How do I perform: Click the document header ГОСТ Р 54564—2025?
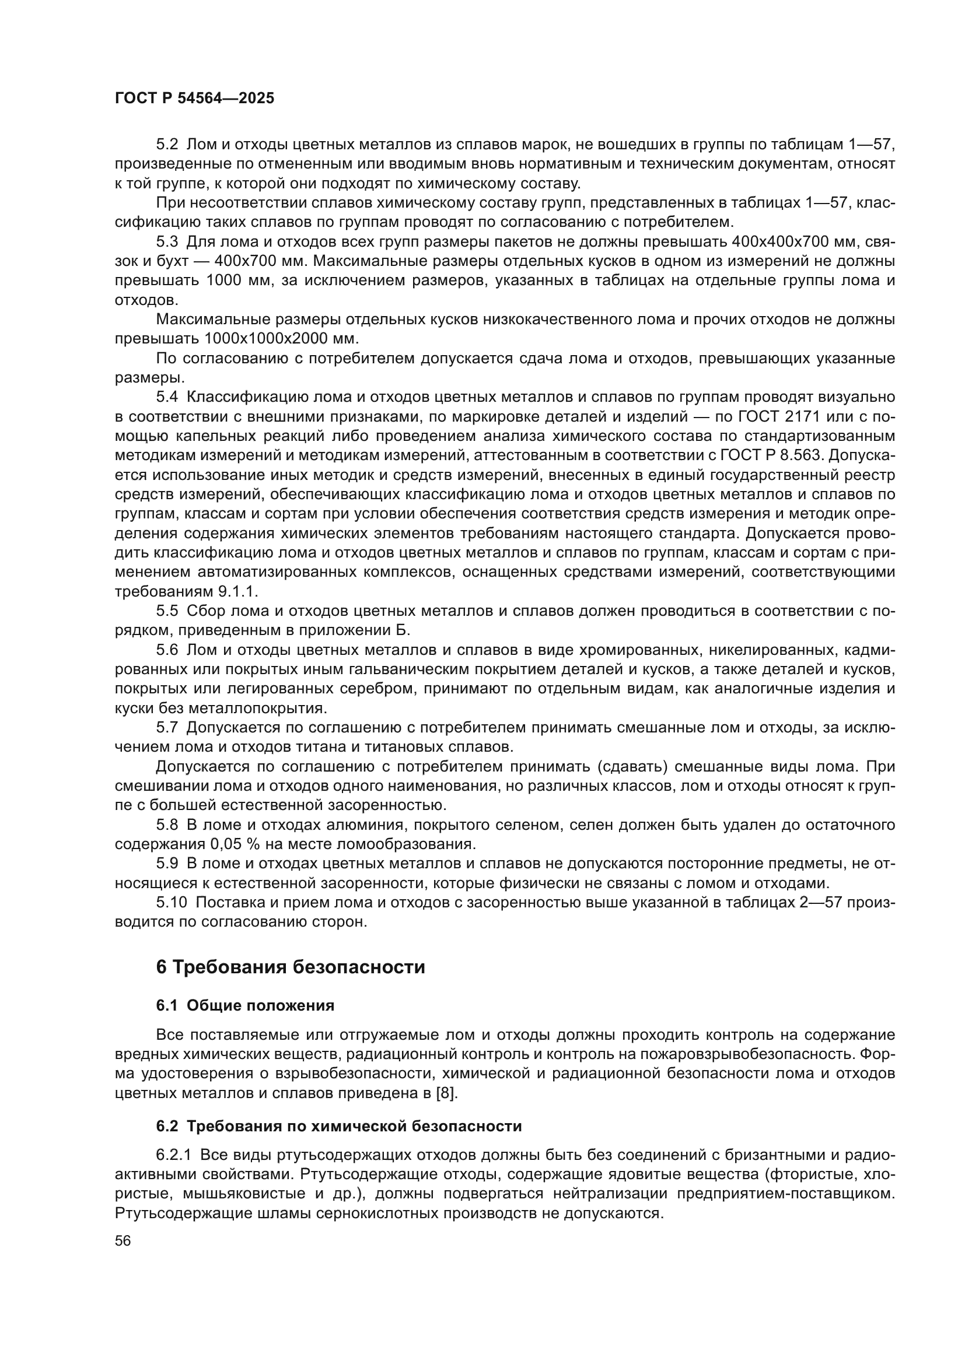(x=194, y=99)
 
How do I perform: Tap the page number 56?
(x=123, y=1240)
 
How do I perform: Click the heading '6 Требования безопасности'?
(x=291, y=967)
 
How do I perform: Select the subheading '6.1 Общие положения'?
(x=245, y=1006)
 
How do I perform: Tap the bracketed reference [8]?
(x=446, y=1093)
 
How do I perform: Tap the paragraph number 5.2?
(x=167, y=145)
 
